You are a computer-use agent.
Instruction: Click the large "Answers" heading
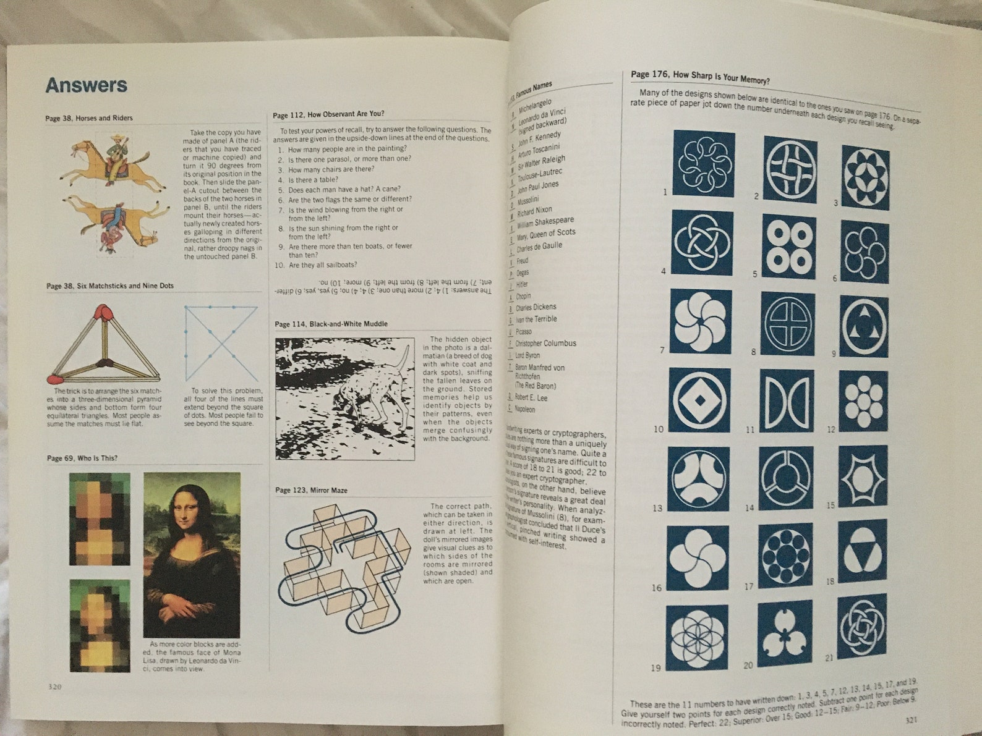point(86,85)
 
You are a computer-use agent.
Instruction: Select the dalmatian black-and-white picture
point(344,398)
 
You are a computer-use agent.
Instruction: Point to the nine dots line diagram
point(221,343)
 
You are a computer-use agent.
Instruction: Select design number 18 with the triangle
point(863,551)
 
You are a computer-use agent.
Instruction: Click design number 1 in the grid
point(704,164)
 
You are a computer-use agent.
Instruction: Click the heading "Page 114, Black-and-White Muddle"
point(331,324)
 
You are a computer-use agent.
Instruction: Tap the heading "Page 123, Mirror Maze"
point(311,490)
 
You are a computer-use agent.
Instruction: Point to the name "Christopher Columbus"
point(545,344)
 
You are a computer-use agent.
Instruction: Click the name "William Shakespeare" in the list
point(545,222)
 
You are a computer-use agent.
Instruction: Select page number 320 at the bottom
point(54,686)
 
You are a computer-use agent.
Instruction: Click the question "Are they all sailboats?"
point(323,265)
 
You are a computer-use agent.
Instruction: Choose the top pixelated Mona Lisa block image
point(100,519)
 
